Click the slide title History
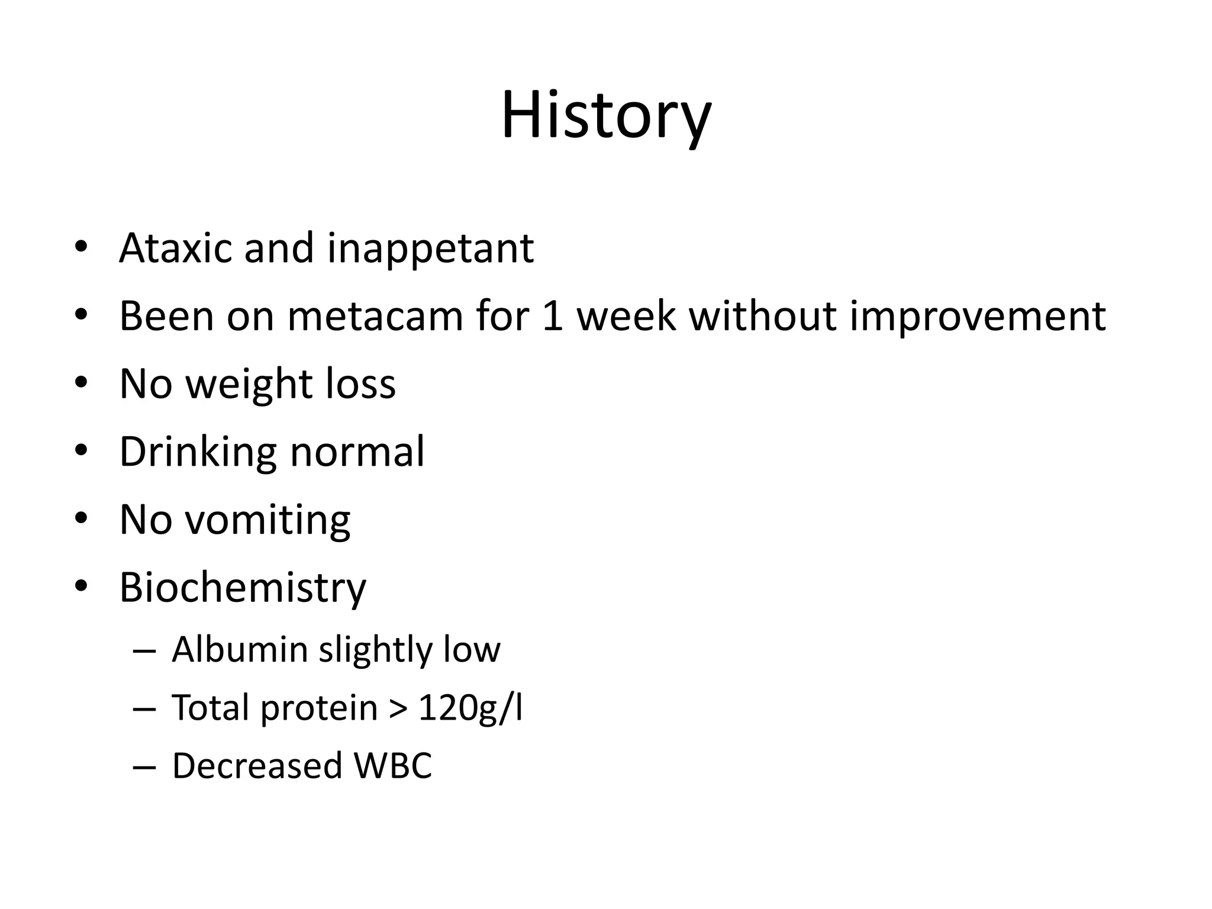[606, 115]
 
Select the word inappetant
[430, 249]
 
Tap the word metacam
[375, 316]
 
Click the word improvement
[978, 317]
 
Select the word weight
[249, 385]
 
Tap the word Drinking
[198, 452]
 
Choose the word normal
[357, 452]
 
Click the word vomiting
[267, 520]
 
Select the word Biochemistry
[243, 588]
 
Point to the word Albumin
[239, 649]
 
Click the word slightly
[375, 650]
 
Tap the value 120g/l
[470, 708]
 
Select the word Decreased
[257, 765]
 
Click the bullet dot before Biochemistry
[81, 586]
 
